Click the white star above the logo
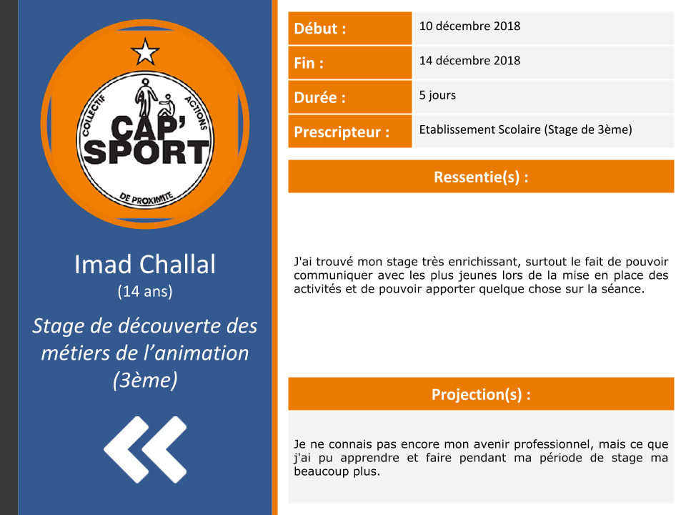coord(145,51)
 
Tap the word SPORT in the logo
coord(146,152)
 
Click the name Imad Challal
coord(145,265)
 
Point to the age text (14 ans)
coord(145,291)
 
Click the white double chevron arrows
coord(145,449)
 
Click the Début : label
coord(320,29)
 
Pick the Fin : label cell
coord(349,63)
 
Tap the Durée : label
coord(320,97)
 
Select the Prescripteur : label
coord(342,132)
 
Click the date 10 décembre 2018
coord(470,26)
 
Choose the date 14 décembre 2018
coord(470,60)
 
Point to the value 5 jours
coord(437,95)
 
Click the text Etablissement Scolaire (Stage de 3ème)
coord(525,129)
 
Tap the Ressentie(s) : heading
coord(481,177)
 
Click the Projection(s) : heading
coord(481,394)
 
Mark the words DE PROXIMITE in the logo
coord(146,198)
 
